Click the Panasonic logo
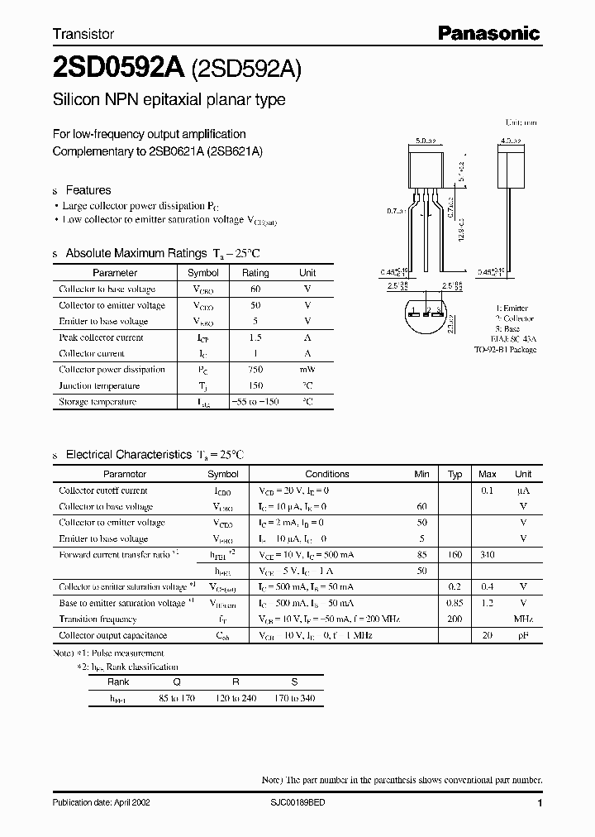[x=488, y=33]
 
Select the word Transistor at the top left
[x=83, y=35]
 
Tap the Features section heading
[x=88, y=189]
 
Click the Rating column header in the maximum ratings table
[x=255, y=272]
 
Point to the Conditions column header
[x=327, y=474]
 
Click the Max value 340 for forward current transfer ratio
[x=488, y=554]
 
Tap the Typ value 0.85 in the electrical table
[x=455, y=603]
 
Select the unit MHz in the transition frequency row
[x=523, y=619]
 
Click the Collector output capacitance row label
[x=112, y=635]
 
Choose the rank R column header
[x=236, y=682]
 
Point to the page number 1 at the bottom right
[x=540, y=803]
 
